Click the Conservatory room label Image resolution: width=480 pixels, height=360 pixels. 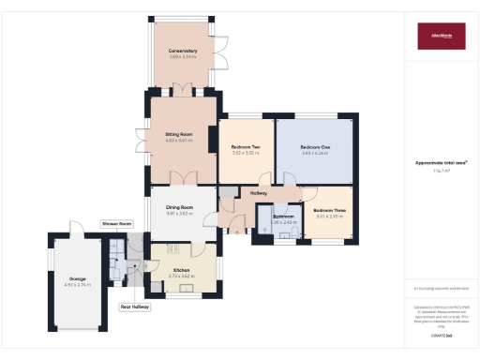(x=183, y=51)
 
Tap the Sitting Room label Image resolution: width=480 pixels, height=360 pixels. (x=178, y=134)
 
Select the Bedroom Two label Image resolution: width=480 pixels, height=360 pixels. (x=246, y=148)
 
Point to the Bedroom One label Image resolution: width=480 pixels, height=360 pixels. (x=315, y=147)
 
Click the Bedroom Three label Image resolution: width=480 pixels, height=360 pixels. (x=330, y=210)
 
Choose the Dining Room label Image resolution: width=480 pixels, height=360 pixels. (x=179, y=207)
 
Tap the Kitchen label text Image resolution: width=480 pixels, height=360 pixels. (x=181, y=269)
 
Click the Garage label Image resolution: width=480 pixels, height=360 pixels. (x=77, y=277)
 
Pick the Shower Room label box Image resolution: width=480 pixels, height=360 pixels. (x=118, y=224)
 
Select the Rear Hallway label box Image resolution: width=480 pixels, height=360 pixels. (x=135, y=307)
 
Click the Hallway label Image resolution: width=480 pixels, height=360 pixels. (x=259, y=193)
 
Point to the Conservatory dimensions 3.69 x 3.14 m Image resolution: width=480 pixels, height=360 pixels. (x=183, y=56)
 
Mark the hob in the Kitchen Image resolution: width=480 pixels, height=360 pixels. (x=172, y=249)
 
